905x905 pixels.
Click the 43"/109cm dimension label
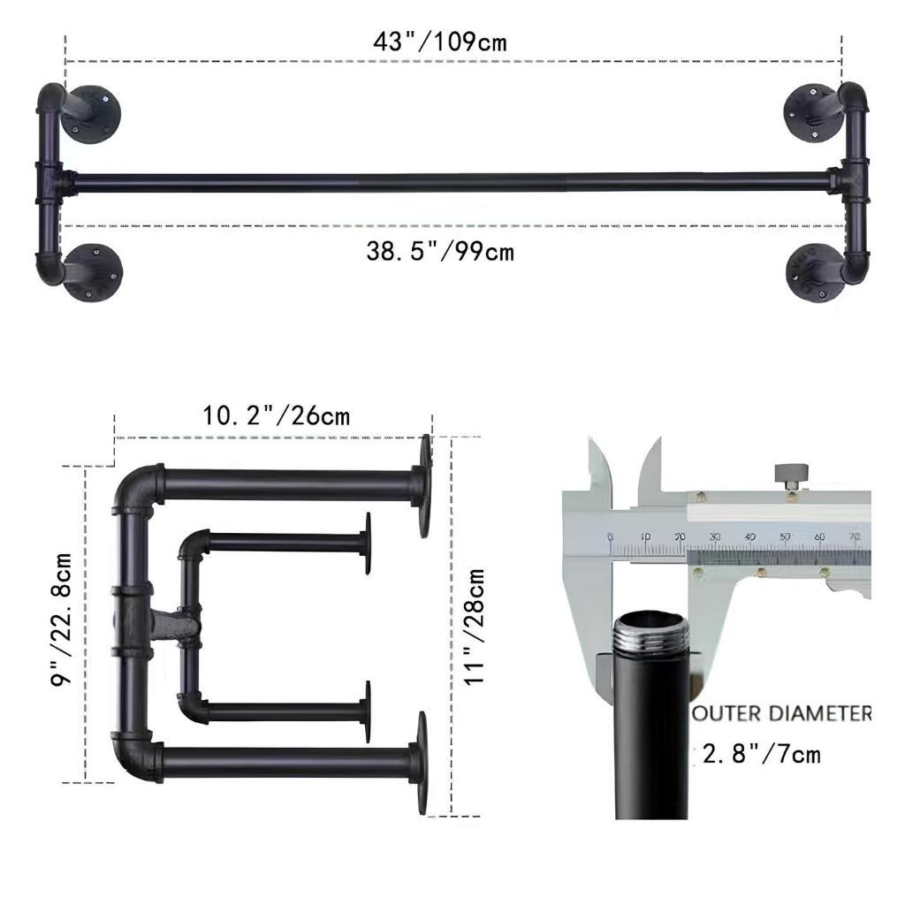tap(440, 42)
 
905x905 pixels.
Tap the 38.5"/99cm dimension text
tap(440, 252)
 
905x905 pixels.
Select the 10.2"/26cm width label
tap(276, 415)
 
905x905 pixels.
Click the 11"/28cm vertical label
tap(475, 627)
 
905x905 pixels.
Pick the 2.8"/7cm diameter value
tap(761, 754)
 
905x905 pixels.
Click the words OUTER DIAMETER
tap(782, 713)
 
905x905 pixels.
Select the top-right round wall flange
tap(811, 112)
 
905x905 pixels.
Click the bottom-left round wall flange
tap(92, 272)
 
